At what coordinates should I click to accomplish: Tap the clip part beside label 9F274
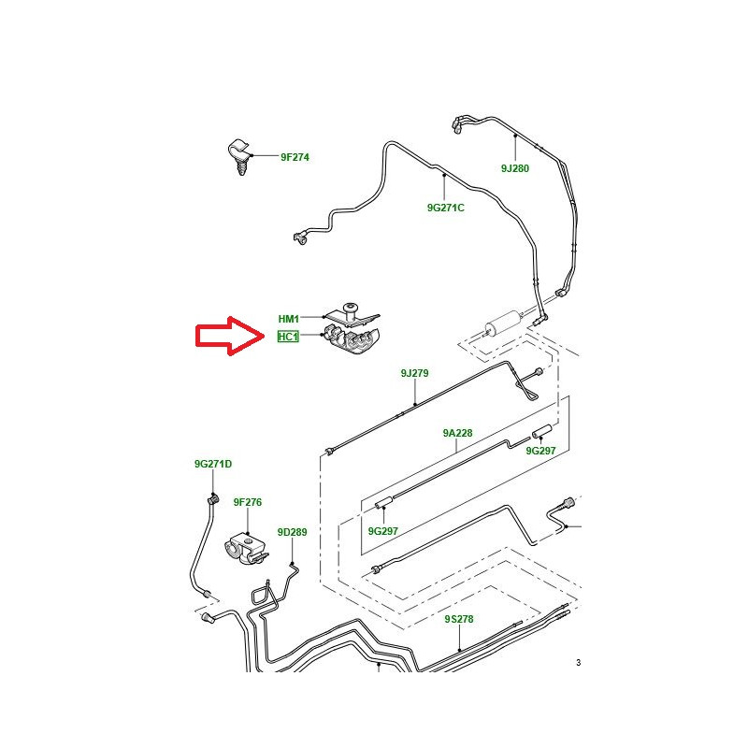tap(239, 155)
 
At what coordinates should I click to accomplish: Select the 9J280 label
tap(514, 169)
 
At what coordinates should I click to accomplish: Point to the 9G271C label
tap(445, 208)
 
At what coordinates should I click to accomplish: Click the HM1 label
tap(288, 319)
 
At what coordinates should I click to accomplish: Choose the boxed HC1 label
tap(288, 337)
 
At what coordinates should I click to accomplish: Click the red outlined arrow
tap(229, 338)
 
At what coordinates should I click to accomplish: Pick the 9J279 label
tap(414, 373)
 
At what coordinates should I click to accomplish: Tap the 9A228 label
tap(457, 433)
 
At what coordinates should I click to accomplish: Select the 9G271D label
tap(212, 464)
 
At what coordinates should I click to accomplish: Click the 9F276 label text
tap(248, 502)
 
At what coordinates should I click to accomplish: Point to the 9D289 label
tap(292, 532)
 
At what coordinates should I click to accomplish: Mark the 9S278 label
tap(459, 619)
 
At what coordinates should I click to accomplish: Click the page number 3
tap(578, 663)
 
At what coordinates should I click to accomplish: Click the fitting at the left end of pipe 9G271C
tap(299, 239)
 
